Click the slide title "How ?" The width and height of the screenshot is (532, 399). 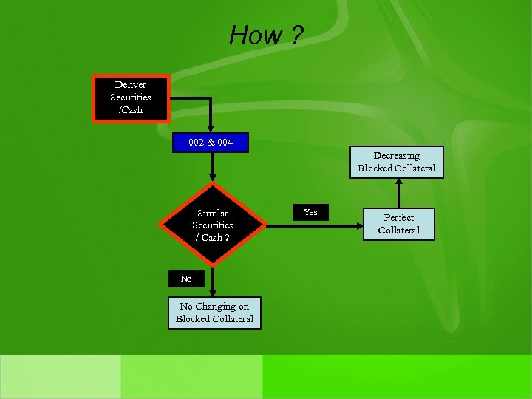click(265, 35)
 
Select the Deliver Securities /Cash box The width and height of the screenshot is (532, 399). click(131, 98)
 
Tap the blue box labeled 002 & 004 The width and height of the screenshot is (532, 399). click(210, 142)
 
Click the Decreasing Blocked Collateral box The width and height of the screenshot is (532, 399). click(397, 162)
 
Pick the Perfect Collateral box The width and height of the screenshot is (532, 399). click(398, 224)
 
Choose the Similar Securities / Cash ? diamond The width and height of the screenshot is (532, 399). click(213, 225)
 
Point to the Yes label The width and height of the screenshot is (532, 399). click(310, 212)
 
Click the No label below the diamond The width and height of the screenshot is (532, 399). click(185, 279)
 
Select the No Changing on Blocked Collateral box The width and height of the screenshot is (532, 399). click(214, 313)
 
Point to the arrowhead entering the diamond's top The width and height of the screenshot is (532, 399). click(213, 177)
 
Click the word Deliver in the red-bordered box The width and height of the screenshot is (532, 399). click(131, 85)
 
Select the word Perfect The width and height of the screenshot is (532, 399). click(399, 218)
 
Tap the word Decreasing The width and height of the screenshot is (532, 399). click(397, 156)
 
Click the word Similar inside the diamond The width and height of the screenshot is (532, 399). click(213, 213)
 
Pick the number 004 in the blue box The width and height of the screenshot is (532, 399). click(225, 142)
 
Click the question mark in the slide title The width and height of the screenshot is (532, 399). click(296, 35)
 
